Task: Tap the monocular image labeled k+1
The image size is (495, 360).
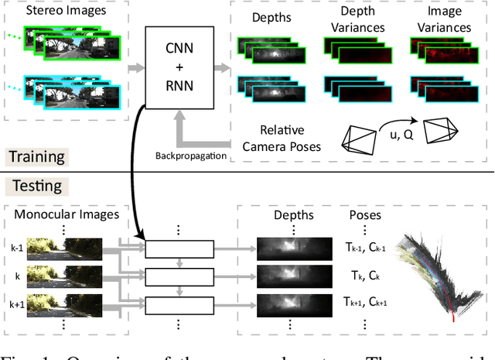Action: (80, 303)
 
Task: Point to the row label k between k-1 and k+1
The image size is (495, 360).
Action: (17, 276)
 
